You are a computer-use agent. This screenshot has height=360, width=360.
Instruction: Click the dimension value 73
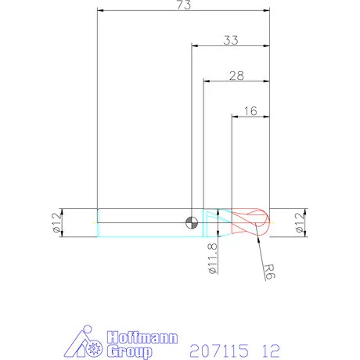182,5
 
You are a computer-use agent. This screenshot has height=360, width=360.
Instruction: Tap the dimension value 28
236,75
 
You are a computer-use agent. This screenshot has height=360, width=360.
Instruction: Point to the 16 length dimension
250,111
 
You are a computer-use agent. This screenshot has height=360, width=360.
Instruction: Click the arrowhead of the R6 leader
255,235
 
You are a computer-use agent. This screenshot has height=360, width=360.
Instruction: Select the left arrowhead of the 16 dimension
232,117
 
